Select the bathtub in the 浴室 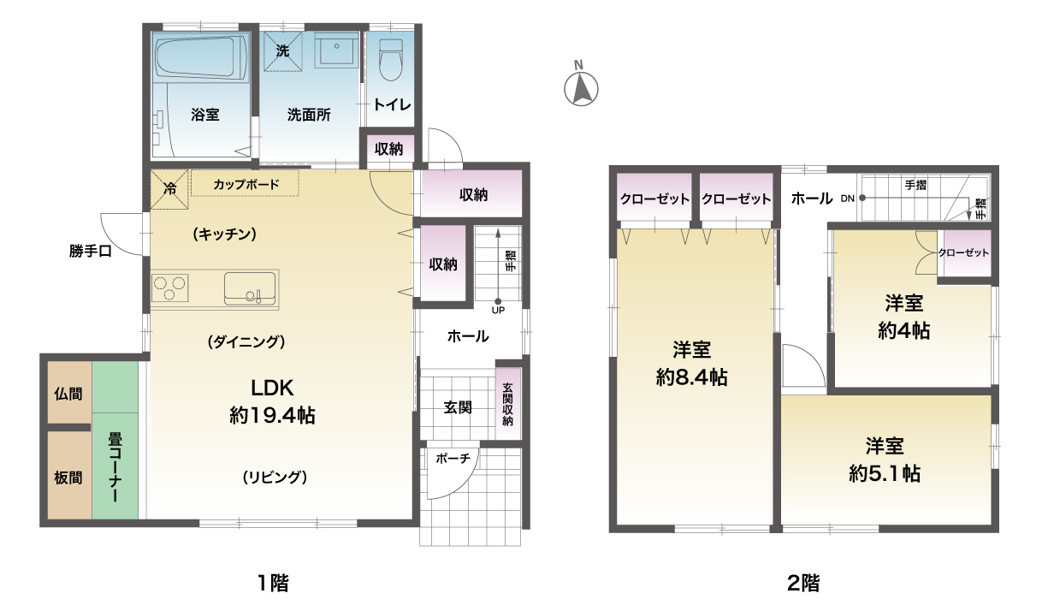point(201,57)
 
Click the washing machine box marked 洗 point(282,51)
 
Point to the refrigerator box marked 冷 point(169,189)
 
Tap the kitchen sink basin point(250,288)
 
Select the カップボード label point(246,184)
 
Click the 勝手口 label point(91,252)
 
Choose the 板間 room point(69,475)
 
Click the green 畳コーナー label point(115,467)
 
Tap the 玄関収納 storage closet point(508,404)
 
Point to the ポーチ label point(453,459)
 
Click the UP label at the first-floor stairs point(498,310)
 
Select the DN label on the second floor point(847,199)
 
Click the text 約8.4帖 point(691,377)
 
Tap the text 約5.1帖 point(885,474)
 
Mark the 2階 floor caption point(803,584)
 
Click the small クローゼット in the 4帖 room point(964,253)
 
